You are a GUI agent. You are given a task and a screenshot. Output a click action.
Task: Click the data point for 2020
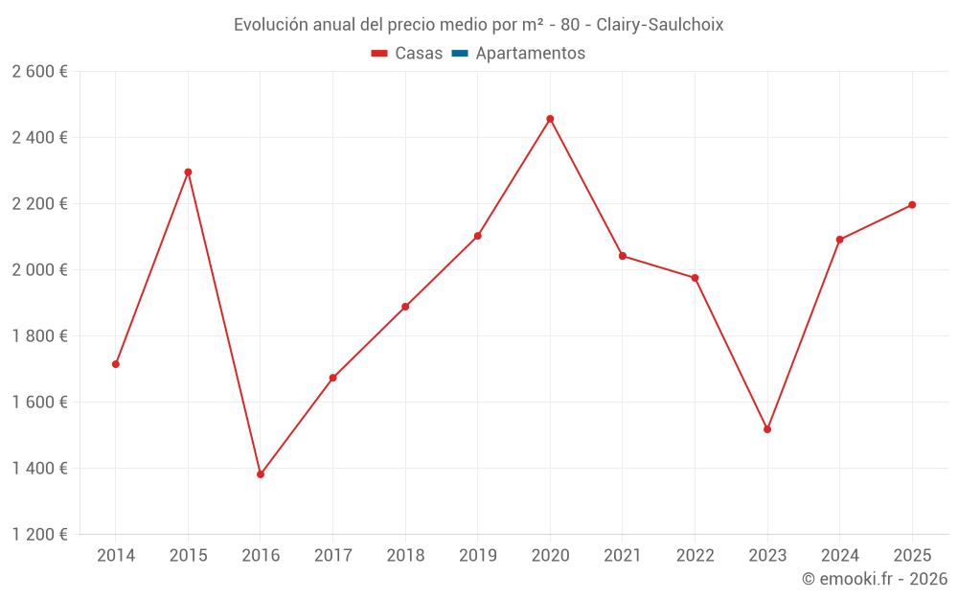click(550, 119)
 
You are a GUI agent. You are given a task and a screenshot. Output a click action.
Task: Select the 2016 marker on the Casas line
click(261, 474)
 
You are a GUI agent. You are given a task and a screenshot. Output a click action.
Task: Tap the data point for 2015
click(188, 173)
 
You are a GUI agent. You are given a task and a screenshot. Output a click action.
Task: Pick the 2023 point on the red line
click(767, 429)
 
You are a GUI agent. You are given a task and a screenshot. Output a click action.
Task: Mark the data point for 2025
click(912, 205)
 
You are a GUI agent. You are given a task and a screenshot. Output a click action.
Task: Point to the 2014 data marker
click(116, 364)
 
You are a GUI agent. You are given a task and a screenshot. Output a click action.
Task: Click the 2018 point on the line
click(405, 307)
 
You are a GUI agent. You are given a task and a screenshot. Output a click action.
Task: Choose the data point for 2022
click(695, 278)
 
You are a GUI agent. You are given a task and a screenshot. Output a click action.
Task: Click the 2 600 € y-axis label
click(39, 72)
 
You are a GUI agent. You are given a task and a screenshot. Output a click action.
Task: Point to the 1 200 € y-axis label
click(39, 535)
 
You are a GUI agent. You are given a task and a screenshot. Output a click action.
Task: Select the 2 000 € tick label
click(39, 270)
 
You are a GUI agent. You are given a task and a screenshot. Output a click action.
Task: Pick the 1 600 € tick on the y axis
click(39, 403)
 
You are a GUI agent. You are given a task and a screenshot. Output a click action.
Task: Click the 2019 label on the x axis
click(477, 556)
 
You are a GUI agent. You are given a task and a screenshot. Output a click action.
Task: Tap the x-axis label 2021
click(622, 556)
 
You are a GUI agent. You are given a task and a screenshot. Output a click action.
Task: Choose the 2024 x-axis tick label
click(839, 556)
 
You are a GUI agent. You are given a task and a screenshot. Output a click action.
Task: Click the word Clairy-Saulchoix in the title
click(660, 24)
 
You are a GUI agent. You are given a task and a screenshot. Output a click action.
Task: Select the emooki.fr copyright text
click(875, 579)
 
